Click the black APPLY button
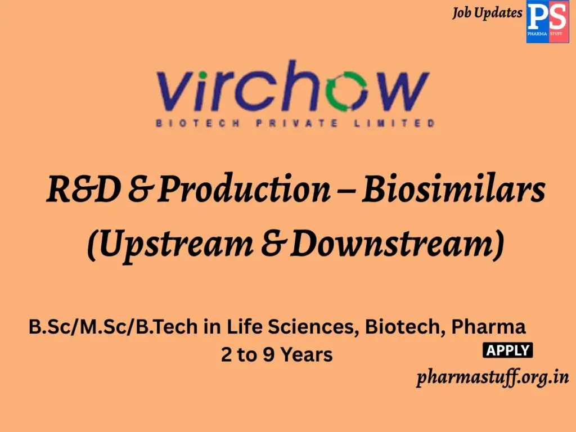[507, 350]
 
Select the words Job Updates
[487, 13]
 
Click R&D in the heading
[83, 190]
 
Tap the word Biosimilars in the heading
[453, 190]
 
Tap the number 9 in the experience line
[267, 355]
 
